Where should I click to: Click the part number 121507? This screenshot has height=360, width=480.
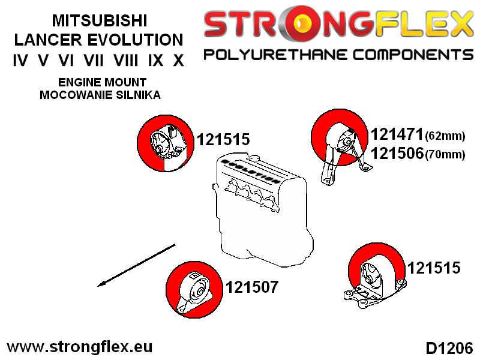(x=252, y=287)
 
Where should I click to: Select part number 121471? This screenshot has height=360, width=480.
(x=397, y=134)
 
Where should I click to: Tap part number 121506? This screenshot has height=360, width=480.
(x=397, y=153)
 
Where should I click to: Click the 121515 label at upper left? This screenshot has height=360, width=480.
(x=223, y=140)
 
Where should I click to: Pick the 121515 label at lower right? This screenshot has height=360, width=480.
(x=434, y=268)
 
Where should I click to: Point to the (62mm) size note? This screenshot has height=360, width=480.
(x=445, y=136)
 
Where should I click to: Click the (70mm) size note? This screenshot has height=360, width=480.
(x=445, y=154)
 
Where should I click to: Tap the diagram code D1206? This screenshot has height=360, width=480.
(x=449, y=348)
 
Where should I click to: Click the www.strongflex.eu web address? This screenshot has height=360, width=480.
(x=80, y=347)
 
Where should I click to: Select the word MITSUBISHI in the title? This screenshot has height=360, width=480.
(x=100, y=21)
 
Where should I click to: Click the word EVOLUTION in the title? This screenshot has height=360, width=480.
(x=136, y=40)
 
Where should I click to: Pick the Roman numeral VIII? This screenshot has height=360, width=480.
(x=126, y=61)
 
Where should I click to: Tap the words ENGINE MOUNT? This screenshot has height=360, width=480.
(x=102, y=82)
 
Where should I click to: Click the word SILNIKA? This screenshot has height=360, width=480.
(x=138, y=95)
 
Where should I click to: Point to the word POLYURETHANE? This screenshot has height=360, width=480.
(x=275, y=55)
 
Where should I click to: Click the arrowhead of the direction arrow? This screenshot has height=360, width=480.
(x=101, y=284)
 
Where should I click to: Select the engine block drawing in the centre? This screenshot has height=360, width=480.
(x=263, y=209)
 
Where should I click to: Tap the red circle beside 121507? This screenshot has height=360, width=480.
(x=194, y=289)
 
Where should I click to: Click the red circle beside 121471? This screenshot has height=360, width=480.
(x=339, y=137)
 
